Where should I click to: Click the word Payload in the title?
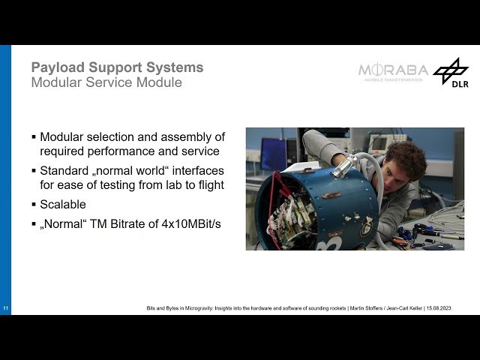point(55,67)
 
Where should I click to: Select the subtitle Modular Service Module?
point(106,82)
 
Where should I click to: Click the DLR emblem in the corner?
point(451,73)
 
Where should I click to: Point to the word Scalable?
point(63,204)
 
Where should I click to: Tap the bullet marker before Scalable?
point(34,204)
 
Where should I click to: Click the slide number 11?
point(5,309)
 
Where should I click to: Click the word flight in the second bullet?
point(208,184)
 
